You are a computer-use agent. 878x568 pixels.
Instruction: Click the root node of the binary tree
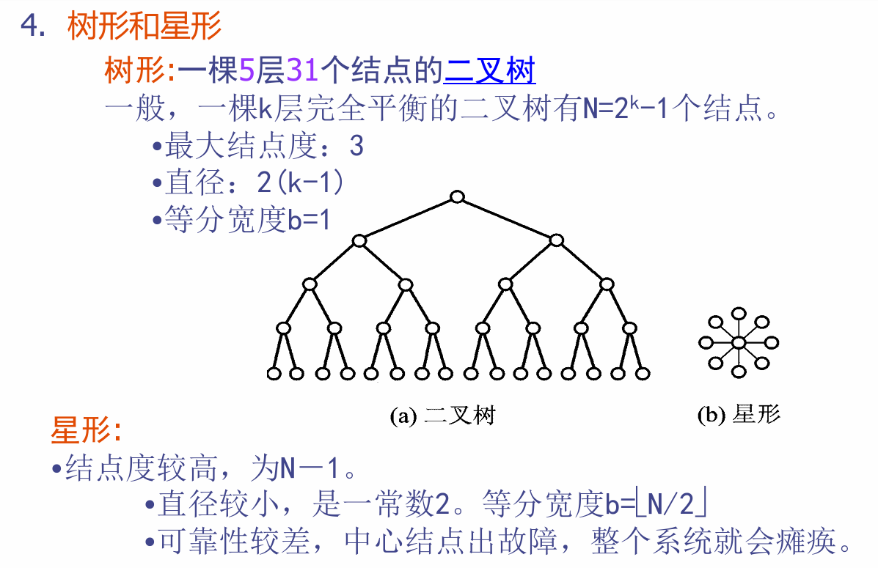pos(458,196)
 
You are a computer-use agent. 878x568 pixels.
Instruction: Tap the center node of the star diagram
pos(739,342)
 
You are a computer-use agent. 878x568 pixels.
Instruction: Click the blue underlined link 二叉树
pos(489,71)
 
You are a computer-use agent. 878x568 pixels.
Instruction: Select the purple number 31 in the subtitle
pos(302,71)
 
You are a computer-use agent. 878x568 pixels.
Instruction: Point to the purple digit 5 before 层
pos(246,71)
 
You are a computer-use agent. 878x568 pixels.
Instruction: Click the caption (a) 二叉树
pos(442,416)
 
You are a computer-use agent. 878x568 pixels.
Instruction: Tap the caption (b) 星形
pos(739,416)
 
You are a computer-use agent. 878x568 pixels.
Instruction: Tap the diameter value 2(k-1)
pos(300,183)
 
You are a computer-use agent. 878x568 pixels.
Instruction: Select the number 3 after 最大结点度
pos(356,147)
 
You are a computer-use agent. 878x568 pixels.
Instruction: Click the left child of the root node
pos(359,240)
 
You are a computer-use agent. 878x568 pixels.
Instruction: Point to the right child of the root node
pos(556,240)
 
